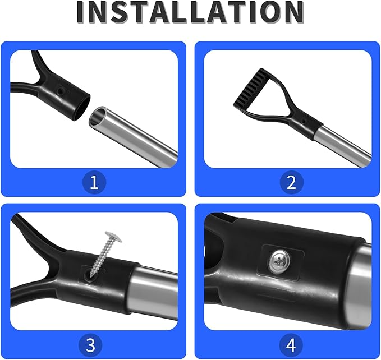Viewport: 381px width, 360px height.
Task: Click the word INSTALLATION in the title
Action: point(190,12)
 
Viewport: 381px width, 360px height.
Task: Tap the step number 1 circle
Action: point(94,183)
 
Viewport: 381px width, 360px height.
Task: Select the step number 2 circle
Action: point(291,183)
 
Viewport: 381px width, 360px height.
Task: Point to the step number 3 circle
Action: point(91,345)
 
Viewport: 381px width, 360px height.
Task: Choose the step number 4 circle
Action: point(291,345)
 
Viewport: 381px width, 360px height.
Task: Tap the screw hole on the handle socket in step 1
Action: point(60,91)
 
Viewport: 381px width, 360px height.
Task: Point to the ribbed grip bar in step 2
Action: point(250,87)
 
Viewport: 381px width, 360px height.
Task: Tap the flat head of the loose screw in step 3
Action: point(113,236)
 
